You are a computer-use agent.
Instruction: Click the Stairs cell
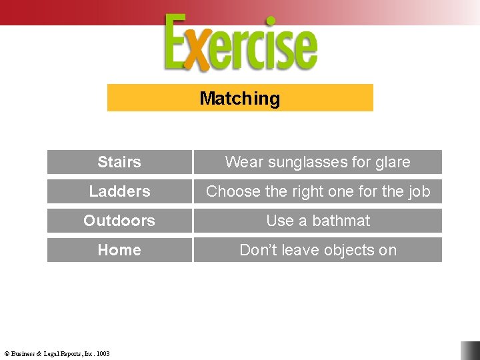119,162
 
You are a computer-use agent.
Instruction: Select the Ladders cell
119,191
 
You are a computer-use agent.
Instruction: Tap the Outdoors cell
119,221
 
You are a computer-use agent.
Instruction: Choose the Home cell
119,250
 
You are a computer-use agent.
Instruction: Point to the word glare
393,162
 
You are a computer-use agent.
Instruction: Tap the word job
419,191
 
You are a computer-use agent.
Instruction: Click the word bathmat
341,221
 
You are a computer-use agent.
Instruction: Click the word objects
346,250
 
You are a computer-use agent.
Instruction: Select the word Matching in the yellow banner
240,99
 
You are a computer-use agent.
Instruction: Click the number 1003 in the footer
103,354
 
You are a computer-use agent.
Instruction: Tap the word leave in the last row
297,250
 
